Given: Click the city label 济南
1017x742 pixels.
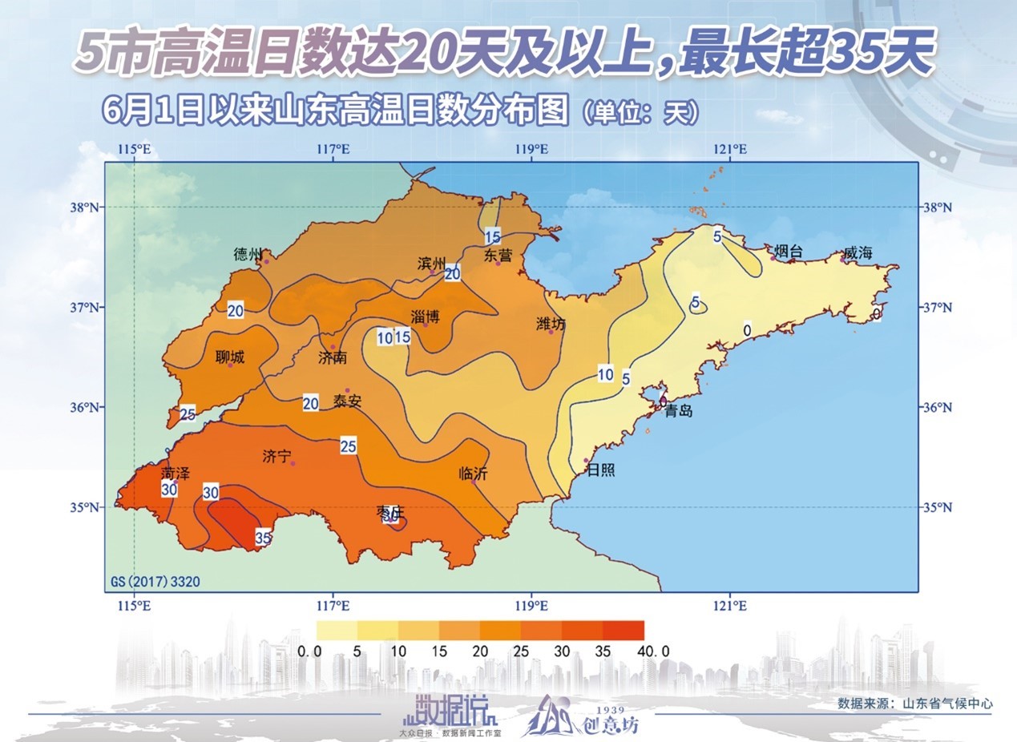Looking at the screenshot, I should click(x=333, y=357).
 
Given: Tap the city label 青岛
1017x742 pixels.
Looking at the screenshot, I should click(x=679, y=411).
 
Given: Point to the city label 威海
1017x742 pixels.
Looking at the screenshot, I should click(x=858, y=253).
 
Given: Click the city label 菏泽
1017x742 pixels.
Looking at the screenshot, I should click(x=176, y=473).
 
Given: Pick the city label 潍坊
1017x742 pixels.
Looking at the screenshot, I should click(x=551, y=324).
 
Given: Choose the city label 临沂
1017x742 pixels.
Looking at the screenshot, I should click(x=473, y=474).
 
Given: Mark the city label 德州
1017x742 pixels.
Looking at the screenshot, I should click(x=248, y=254).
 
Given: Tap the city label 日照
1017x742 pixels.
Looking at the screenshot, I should click(x=601, y=470).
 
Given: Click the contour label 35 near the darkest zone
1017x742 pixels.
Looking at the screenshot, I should click(x=263, y=538).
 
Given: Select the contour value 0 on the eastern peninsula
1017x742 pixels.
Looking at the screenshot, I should click(x=746, y=329).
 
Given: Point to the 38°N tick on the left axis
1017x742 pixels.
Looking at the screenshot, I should click(x=87, y=207).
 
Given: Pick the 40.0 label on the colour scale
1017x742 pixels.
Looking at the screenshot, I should click(x=653, y=651).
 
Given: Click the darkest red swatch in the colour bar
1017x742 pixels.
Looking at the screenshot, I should click(x=623, y=630).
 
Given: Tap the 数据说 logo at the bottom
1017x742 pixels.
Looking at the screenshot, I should click(x=452, y=708).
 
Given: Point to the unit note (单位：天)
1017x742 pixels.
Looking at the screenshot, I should click(x=638, y=112).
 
